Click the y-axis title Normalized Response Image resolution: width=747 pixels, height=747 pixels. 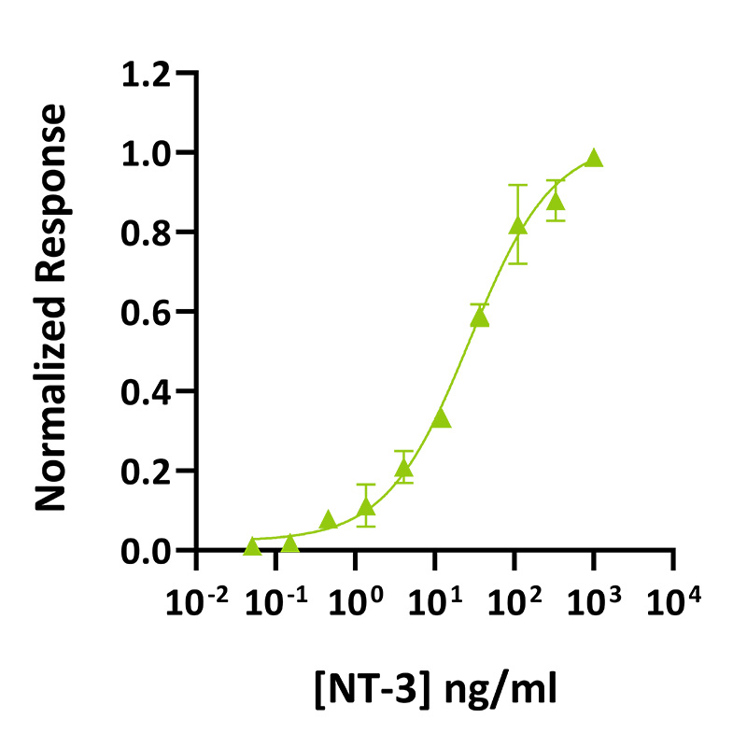pyautogui.click(x=52, y=308)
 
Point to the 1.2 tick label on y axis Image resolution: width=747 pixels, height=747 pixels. pyautogui.click(x=148, y=73)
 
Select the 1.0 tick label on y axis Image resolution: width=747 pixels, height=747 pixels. pyautogui.click(x=148, y=152)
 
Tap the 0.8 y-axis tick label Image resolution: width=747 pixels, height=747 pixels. pyautogui.click(x=148, y=232)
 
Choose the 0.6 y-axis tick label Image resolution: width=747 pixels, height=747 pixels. pyautogui.click(x=148, y=311)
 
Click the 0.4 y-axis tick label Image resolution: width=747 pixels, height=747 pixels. pyautogui.click(x=148, y=391)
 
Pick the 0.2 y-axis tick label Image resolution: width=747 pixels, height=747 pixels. pyautogui.click(x=148, y=471)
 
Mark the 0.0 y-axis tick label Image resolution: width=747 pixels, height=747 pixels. pyautogui.click(x=148, y=551)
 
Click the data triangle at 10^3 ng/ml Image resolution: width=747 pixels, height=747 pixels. pyautogui.click(x=594, y=159)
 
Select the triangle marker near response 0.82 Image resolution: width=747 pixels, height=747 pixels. pyautogui.click(x=518, y=225)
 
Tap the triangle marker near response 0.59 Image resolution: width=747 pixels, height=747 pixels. pyautogui.click(x=480, y=317)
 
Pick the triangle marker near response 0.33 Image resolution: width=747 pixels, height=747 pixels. pyautogui.click(x=442, y=419)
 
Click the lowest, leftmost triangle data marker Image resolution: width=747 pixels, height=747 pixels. pyautogui.click(x=252, y=546)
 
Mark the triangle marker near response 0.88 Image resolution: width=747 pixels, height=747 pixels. pyautogui.click(x=556, y=202)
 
